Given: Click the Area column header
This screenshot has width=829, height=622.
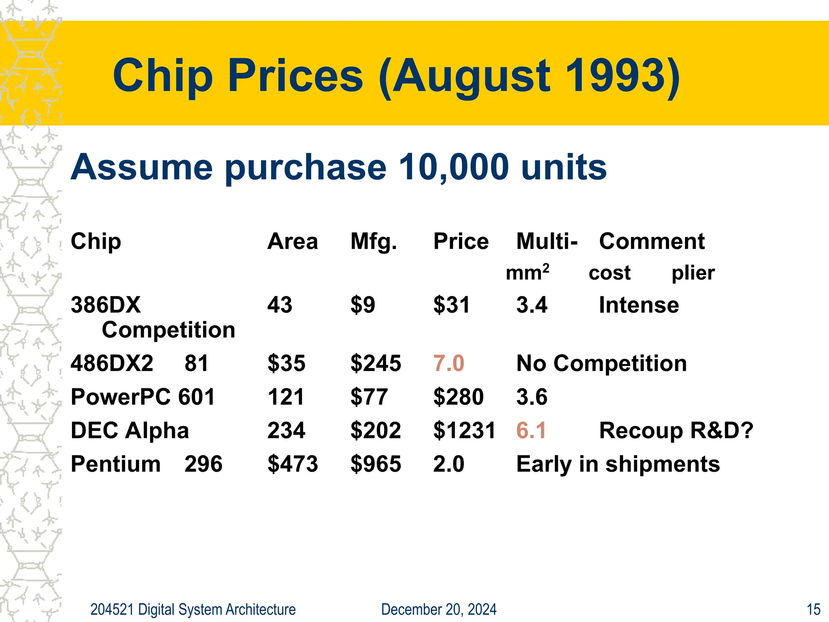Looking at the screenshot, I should (x=292, y=241).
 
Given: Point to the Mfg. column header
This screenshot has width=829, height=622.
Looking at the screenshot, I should (x=374, y=242).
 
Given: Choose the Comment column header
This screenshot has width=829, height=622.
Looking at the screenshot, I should (x=652, y=241).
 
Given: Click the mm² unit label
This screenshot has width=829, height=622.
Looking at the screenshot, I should (x=527, y=272).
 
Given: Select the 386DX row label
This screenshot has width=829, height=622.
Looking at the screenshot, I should (x=106, y=305).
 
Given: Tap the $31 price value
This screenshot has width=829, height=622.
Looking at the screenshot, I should (x=451, y=305).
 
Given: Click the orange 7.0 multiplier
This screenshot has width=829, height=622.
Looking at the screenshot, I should (x=449, y=363).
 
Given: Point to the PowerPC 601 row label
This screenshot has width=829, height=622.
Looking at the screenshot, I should (x=142, y=397).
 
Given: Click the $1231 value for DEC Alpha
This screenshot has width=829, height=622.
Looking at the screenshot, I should (x=464, y=430).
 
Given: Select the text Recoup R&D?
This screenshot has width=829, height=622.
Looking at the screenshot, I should (x=676, y=430).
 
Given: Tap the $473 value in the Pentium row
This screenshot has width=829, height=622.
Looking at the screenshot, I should (x=293, y=464).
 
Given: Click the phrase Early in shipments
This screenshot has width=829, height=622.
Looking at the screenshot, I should (x=618, y=464).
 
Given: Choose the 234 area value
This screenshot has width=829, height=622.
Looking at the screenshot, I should (x=286, y=430).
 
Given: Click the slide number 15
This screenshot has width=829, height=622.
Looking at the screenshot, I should (x=813, y=609).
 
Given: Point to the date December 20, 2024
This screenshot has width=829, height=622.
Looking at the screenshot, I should (x=439, y=609).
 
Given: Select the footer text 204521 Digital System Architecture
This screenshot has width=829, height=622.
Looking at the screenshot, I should (x=193, y=609).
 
